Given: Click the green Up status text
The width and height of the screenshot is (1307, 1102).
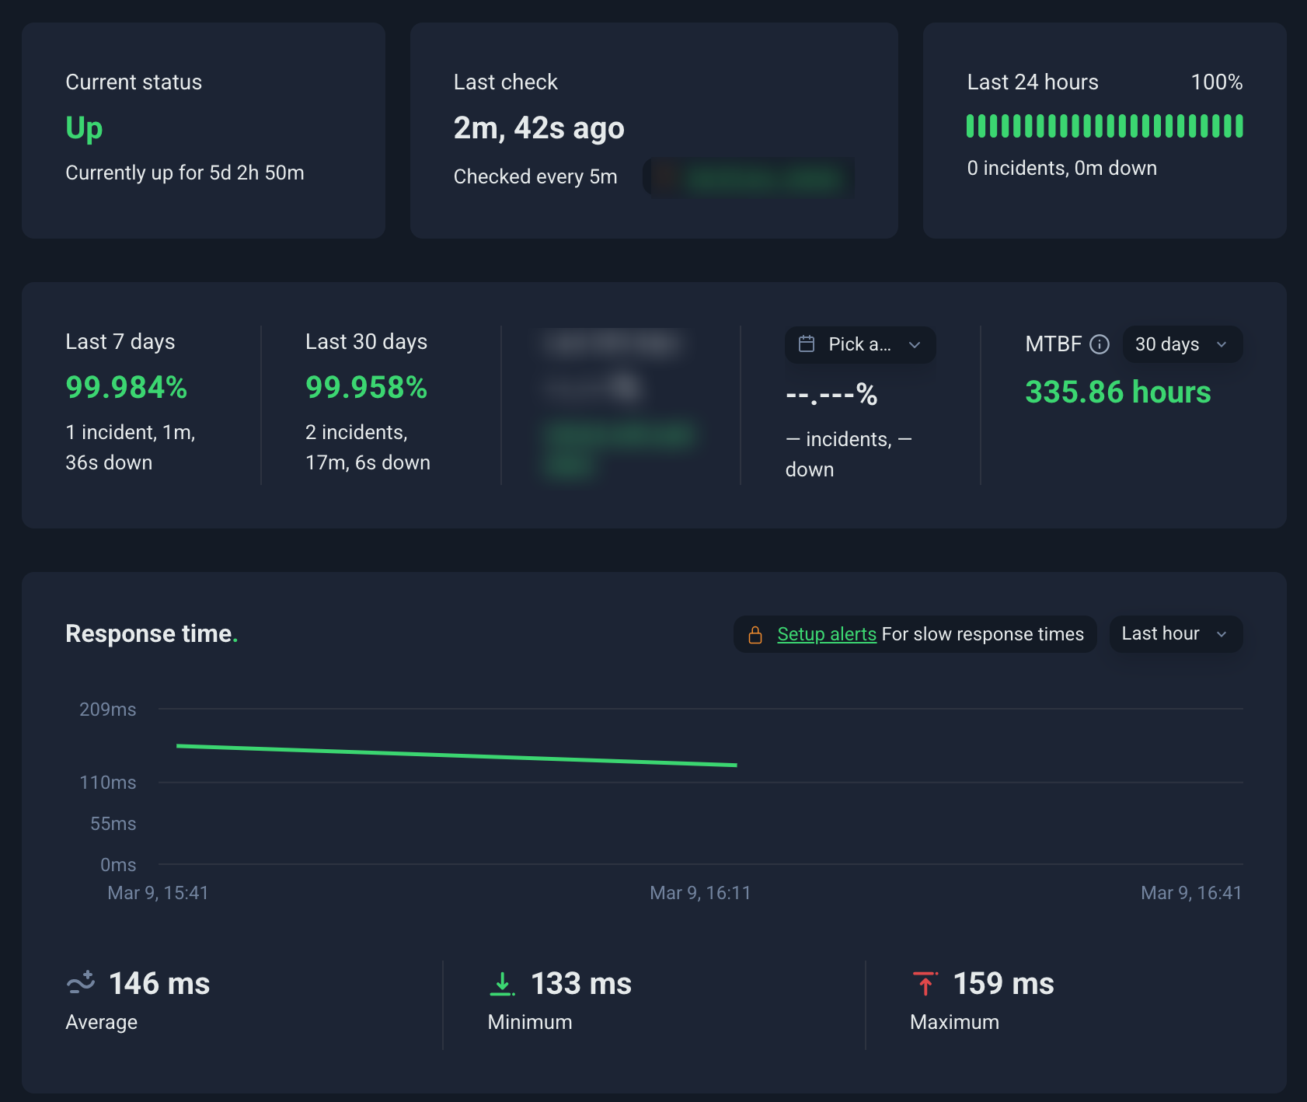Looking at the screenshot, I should click(84, 128).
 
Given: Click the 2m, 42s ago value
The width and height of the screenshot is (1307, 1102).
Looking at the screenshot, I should click(538, 128).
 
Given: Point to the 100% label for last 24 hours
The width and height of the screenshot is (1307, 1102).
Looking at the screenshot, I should click(1216, 82).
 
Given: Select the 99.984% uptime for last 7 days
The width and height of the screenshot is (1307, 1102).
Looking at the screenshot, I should click(126, 387).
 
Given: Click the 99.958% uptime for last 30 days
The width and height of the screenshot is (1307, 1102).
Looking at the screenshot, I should click(366, 387).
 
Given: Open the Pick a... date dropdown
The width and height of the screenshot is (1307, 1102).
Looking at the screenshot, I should click(859, 344).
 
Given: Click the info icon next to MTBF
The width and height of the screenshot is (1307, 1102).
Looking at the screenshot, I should click(1100, 344).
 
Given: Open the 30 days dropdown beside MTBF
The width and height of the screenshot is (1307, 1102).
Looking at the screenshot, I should click(1181, 344).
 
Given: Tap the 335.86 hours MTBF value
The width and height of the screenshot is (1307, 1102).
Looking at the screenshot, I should click(1117, 392).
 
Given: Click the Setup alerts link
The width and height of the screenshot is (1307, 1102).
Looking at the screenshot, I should click(826, 634).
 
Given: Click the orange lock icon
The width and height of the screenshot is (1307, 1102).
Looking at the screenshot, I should click(755, 635).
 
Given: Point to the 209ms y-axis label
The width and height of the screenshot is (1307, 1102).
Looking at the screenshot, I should click(107, 710).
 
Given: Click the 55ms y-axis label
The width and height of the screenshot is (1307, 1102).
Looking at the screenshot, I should click(113, 824).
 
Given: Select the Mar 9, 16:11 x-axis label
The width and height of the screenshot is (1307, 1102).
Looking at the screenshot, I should click(700, 893).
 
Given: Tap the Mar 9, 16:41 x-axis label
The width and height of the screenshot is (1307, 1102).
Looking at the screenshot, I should click(1190, 893).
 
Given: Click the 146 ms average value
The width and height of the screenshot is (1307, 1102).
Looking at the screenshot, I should click(159, 984).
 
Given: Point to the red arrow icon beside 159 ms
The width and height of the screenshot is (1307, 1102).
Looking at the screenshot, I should click(925, 984).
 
